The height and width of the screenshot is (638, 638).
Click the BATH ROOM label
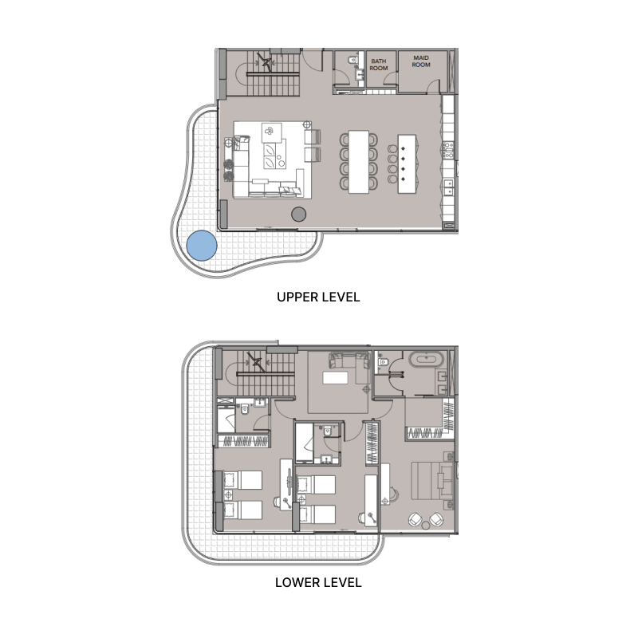(x=379, y=63)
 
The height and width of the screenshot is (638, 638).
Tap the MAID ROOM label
(x=420, y=61)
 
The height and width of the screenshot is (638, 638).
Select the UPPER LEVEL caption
(x=318, y=297)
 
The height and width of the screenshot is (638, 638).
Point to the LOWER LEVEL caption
(x=318, y=582)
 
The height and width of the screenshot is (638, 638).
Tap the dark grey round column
(x=299, y=214)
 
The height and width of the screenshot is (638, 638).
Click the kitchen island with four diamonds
(x=407, y=160)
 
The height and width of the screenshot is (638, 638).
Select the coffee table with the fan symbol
(x=272, y=132)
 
